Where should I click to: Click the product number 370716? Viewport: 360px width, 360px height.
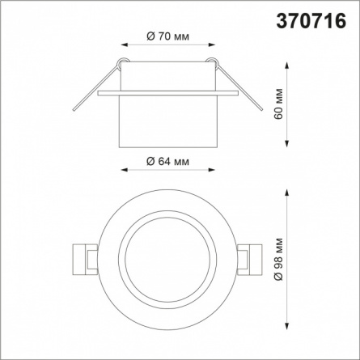(x=311, y=21)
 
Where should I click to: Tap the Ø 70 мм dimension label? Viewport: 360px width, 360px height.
(x=167, y=36)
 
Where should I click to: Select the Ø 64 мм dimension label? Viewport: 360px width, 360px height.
(x=167, y=161)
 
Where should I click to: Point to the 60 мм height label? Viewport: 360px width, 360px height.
(x=278, y=104)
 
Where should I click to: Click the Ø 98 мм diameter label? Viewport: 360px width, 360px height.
(x=278, y=259)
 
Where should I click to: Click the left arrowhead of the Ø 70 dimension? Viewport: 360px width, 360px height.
(x=124, y=45)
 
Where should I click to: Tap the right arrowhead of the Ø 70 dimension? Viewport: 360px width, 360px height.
(x=212, y=45)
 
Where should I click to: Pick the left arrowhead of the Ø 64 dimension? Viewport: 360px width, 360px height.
(x=124, y=170)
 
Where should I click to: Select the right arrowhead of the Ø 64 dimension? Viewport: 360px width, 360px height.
(x=212, y=170)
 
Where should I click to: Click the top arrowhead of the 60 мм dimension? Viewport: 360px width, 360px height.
(x=287, y=66)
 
